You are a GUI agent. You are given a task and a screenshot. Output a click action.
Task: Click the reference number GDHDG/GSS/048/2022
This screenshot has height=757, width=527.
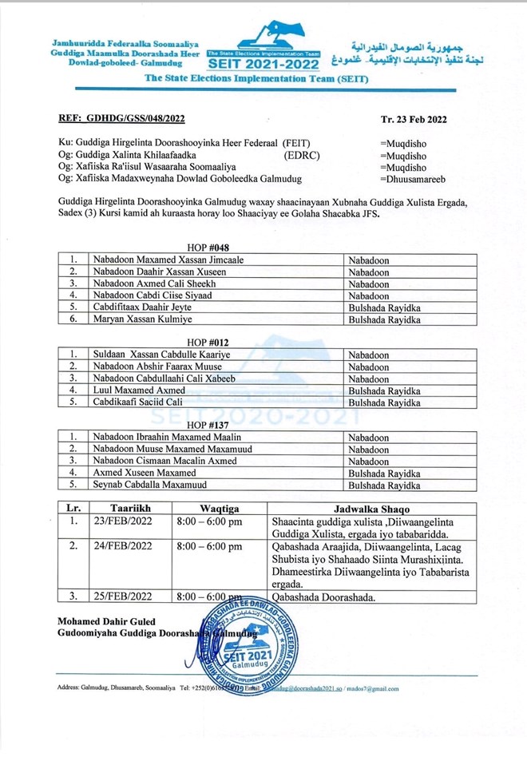click(121, 119)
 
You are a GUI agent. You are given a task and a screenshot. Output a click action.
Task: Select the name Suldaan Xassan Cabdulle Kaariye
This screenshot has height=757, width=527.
click(160, 355)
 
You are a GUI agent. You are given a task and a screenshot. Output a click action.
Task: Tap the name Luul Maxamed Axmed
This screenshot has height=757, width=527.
click(138, 390)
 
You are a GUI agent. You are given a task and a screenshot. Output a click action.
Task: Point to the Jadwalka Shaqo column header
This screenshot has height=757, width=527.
click(374, 509)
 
